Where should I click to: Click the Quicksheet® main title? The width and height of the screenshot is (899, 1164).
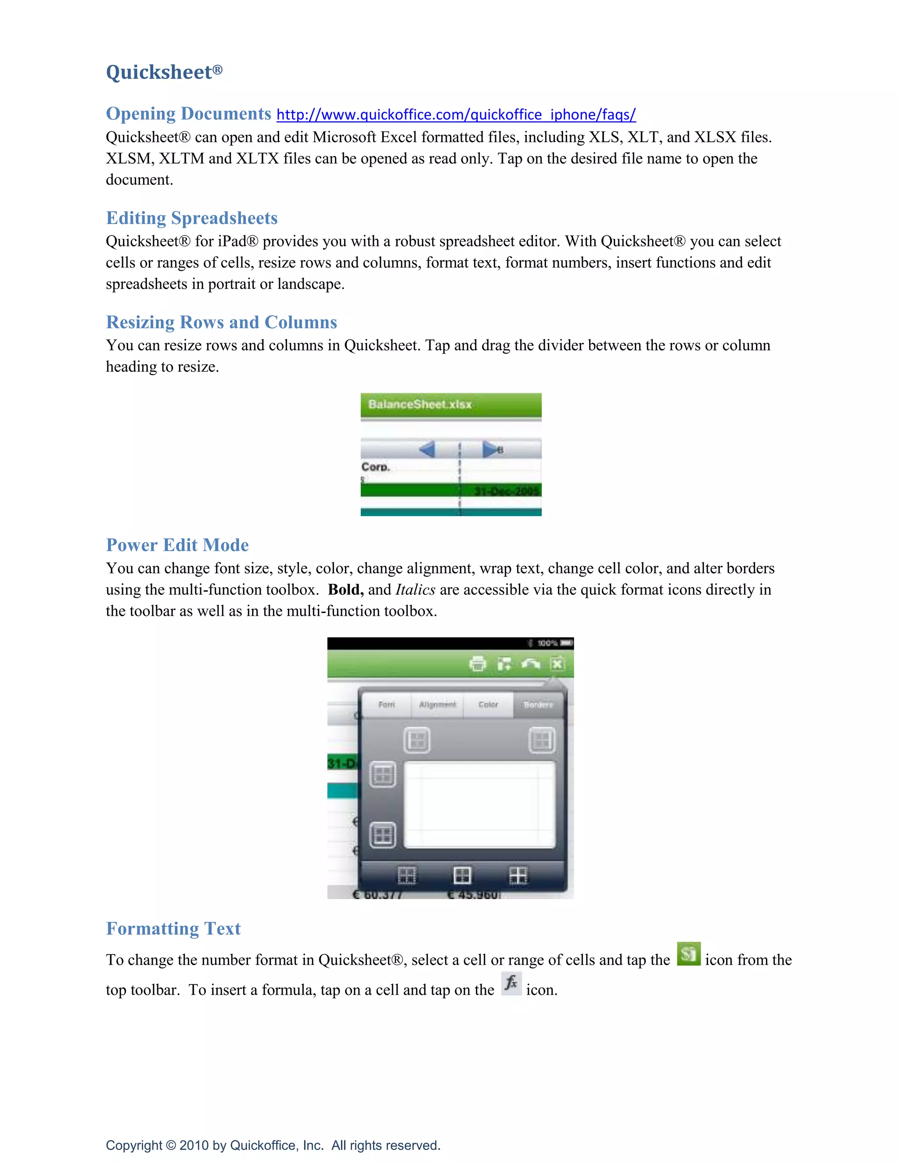[x=164, y=72]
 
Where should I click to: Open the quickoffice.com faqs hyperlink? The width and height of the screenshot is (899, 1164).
[x=456, y=115]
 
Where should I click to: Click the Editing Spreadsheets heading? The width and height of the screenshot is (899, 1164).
[x=192, y=218]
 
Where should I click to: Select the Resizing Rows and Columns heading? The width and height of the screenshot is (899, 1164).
[x=222, y=322]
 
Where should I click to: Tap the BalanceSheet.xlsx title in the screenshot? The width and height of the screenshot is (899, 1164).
[x=420, y=405]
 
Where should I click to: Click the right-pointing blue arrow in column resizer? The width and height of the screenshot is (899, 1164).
[x=489, y=449]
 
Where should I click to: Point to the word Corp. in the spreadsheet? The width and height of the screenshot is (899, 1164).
[x=375, y=467]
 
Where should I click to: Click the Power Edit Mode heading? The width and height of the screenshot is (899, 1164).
[x=177, y=545]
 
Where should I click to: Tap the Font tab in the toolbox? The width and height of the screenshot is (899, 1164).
[x=387, y=705]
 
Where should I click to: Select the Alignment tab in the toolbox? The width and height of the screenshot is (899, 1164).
[x=437, y=705]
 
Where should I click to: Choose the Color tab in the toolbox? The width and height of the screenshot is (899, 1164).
[x=488, y=705]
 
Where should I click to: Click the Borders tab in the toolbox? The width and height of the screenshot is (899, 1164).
[x=538, y=705]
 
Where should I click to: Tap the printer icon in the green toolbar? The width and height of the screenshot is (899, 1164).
[x=478, y=664]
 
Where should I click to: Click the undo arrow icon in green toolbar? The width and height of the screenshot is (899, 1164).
[x=530, y=664]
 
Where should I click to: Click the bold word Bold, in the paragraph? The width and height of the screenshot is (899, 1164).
[x=345, y=590]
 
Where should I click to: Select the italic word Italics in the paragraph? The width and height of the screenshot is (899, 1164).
[x=415, y=590]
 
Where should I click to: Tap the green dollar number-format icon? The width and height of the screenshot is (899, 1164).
[x=688, y=954]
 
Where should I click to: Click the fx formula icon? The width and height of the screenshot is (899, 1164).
[x=511, y=983]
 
